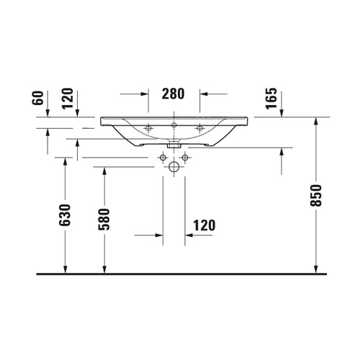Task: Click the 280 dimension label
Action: coord(174,93)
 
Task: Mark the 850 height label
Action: coord(316,194)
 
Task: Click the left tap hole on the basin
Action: coord(148,129)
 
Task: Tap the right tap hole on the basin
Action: coord(198,129)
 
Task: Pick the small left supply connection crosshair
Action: coord(161,157)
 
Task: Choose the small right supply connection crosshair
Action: coord(185,157)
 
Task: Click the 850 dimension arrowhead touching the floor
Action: coord(316,270)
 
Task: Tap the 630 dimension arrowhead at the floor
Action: coord(66,270)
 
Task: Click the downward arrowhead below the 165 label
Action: coord(280,113)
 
